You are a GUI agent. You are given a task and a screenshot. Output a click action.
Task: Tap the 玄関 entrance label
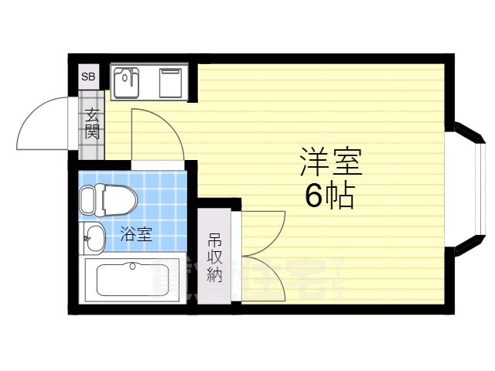(91, 124)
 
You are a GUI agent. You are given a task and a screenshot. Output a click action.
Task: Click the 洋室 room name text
(331, 163)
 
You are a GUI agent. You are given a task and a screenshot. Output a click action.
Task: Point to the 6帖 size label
(329, 196)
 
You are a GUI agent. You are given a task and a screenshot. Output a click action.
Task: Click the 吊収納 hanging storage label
(214, 258)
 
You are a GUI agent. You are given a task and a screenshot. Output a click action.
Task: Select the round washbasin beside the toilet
(94, 237)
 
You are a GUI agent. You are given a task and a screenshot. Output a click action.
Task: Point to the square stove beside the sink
(171, 82)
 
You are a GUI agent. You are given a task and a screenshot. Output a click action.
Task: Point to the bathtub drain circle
(133, 267)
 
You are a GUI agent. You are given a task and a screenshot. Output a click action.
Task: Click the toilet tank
(86, 202)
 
